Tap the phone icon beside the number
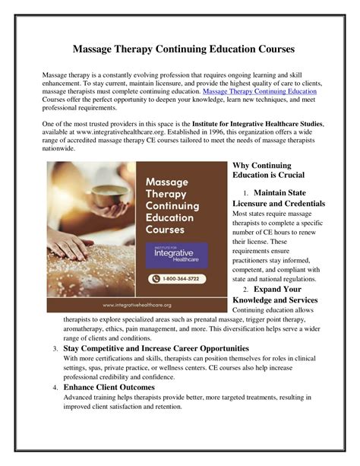153,279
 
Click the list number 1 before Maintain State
246,193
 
